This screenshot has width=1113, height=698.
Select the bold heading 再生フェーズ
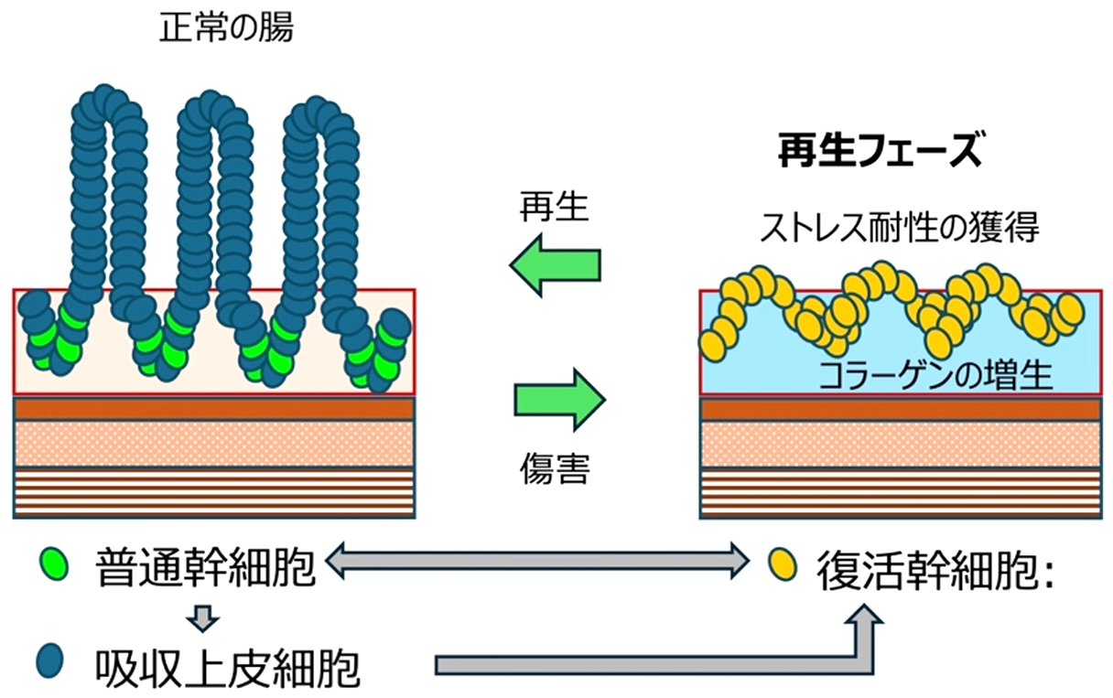[x=880, y=152]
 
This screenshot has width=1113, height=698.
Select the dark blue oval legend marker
[x=51, y=660]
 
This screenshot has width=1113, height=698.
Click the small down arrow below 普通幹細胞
[x=202, y=619]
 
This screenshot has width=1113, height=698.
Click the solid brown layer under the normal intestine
[x=214, y=408]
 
